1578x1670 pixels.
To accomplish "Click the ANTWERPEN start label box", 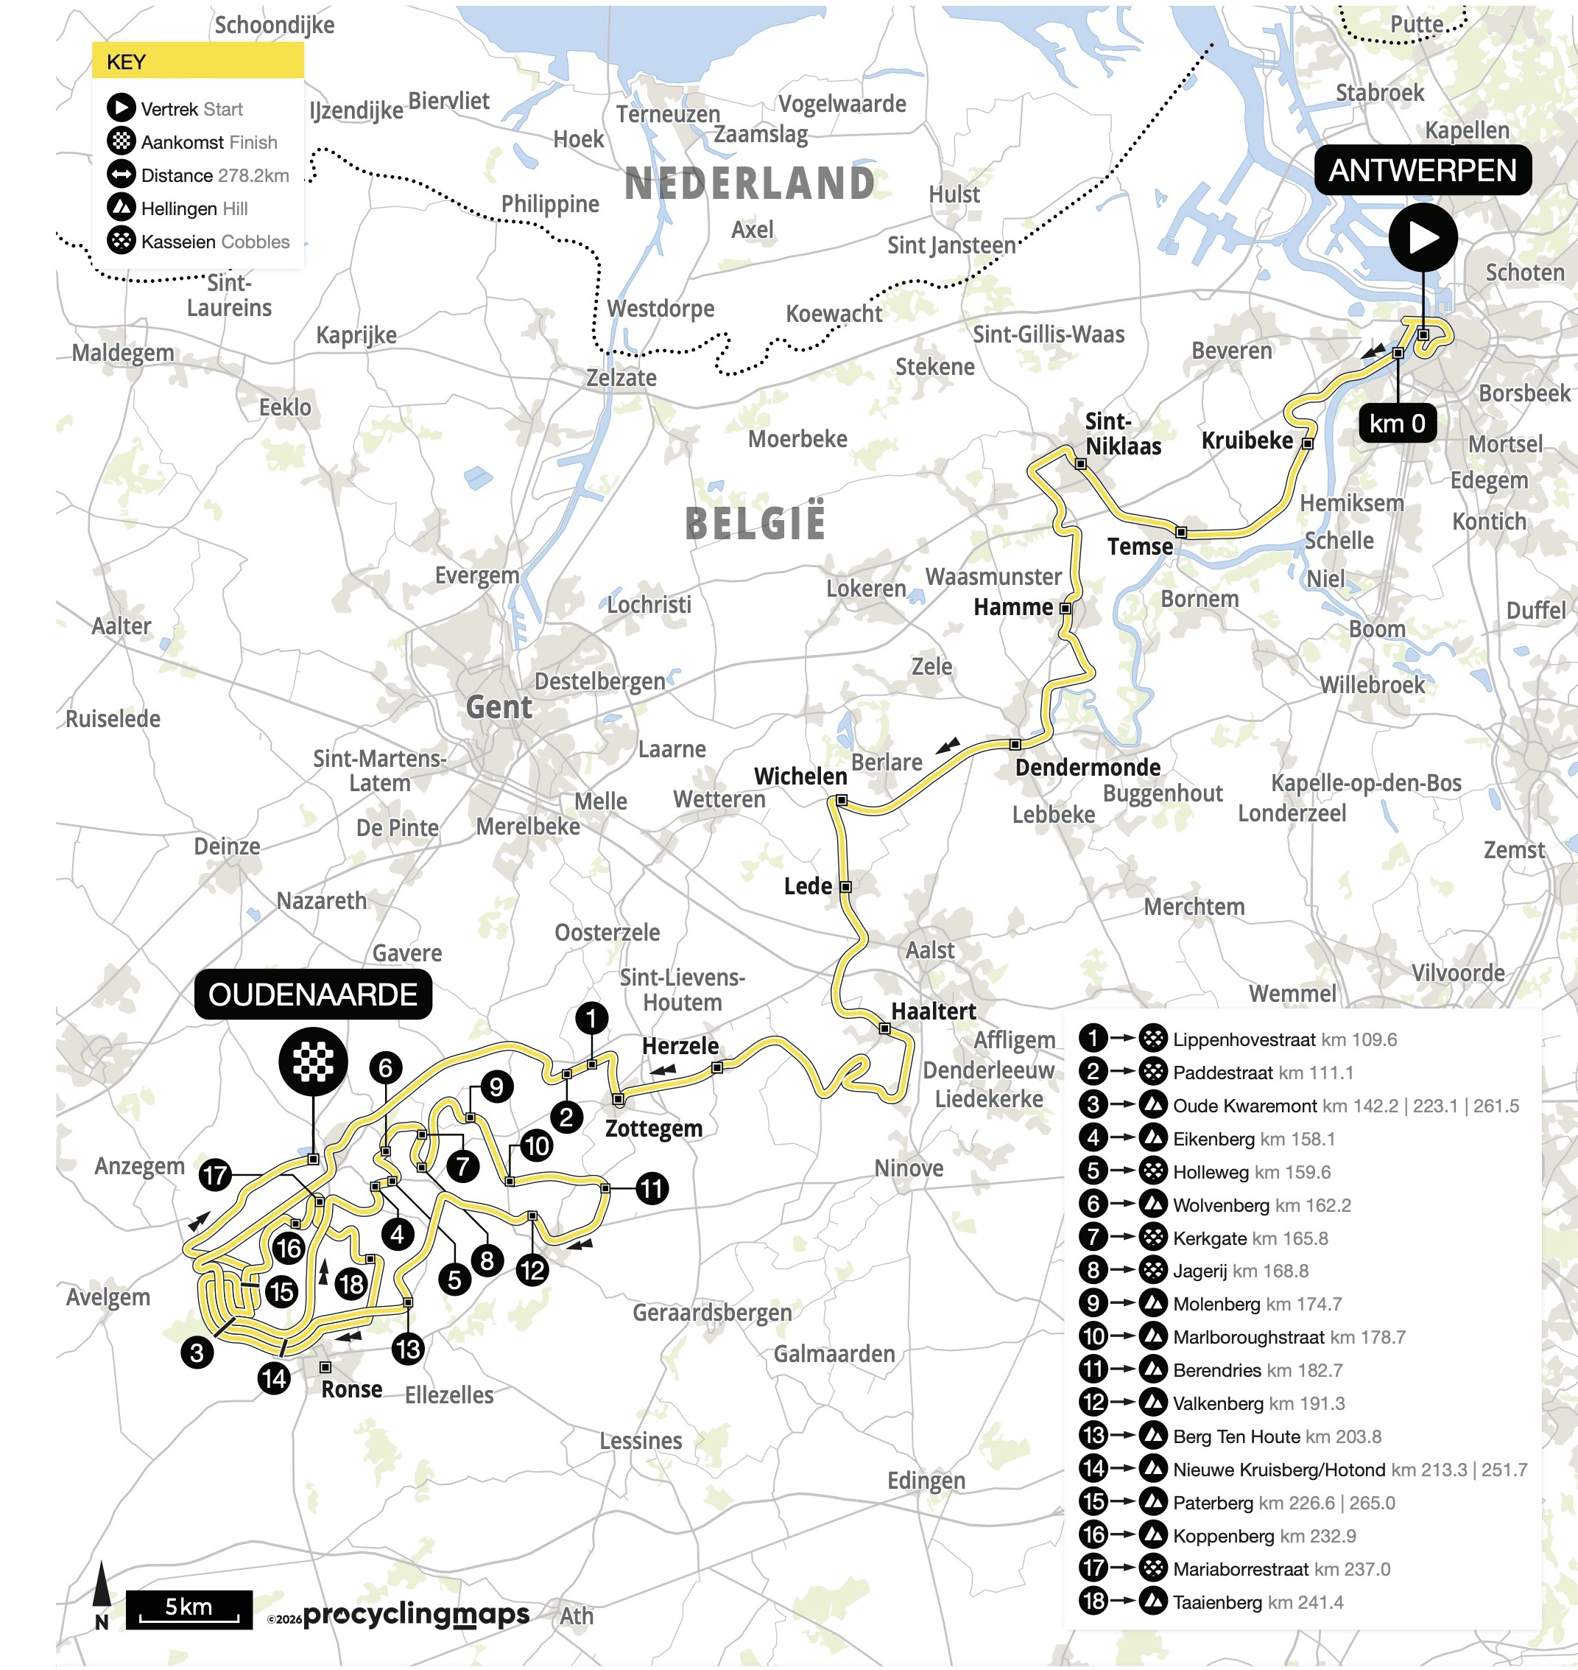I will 1423,171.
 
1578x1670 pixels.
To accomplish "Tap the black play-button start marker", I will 1423,237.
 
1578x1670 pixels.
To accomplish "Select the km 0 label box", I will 1396,423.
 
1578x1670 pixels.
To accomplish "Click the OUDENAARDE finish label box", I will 313,994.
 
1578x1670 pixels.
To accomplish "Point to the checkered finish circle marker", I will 313,1061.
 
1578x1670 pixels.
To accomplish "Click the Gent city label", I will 499,707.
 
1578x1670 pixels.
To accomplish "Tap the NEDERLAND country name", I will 750,183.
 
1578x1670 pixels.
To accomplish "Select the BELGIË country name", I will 755,522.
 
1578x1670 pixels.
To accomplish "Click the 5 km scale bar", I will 189,1610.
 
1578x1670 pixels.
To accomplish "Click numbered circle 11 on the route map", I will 652,1188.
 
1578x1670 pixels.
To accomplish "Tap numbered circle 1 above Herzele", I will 591,1019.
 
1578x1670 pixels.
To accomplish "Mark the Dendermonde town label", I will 1088,768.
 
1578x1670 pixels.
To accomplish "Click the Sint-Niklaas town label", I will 1122,433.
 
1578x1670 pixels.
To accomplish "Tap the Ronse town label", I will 351,1389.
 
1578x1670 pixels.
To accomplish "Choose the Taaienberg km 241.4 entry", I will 1257,1601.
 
